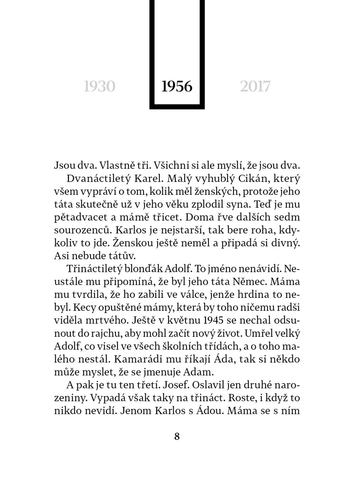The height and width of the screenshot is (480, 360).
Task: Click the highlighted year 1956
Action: tap(177, 87)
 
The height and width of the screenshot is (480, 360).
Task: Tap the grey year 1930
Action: tap(99, 87)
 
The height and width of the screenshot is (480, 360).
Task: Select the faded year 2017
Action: tap(255, 87)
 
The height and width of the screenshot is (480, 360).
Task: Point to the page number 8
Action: tap(177, 436)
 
